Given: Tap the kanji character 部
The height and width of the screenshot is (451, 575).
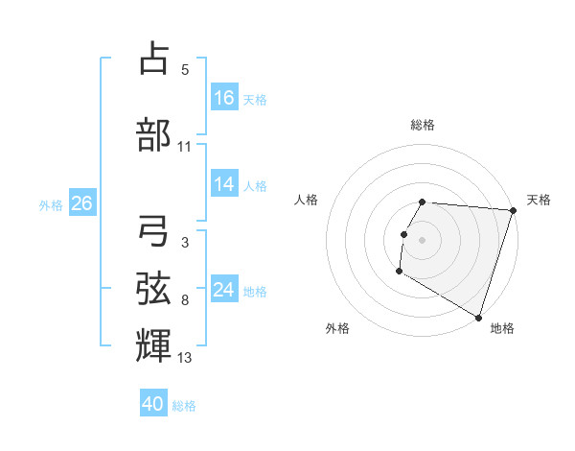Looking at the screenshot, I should (x=154, y=133).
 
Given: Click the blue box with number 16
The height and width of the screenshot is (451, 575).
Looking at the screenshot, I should (x=224, y=98).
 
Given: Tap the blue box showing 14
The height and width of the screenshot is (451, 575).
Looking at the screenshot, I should (x=224, y=185).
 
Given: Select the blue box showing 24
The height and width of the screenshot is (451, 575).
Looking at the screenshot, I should (x=224, y=290).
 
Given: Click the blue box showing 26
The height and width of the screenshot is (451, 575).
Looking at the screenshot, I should (x=81, y=203).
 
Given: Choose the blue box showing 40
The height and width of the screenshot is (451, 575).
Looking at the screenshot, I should (x=152, y=404).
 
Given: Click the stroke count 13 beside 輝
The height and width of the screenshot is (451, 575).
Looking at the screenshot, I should (x=185, y=358).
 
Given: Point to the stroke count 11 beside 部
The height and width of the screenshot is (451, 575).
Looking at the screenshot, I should (x=185, y=147).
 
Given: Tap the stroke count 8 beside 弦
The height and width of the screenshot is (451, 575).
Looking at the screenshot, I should (x=185, y=300).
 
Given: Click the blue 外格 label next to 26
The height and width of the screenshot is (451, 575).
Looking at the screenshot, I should (x=51, y=204).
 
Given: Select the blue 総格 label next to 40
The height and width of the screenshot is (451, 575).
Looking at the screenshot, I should (x=184, y=406).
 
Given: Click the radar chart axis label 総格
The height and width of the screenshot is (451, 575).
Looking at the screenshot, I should (x=422, y=125).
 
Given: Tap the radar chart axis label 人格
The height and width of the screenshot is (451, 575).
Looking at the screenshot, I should (x=307, y=200).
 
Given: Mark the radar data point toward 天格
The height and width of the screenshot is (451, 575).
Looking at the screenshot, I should (x=513, y=210).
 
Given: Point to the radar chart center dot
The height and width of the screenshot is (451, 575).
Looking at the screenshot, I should (x=422, y=239).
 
